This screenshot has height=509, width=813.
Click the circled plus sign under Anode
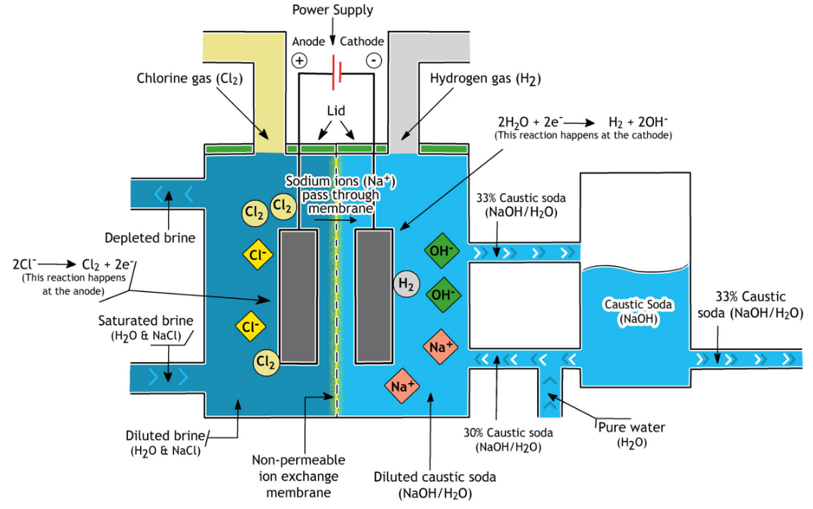coord(299,61)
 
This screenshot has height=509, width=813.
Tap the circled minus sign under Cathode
coord(374,61)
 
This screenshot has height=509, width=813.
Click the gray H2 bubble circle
coord(407,284)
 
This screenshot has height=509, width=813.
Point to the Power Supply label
coord(333,10)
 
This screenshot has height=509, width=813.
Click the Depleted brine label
coord(150,238)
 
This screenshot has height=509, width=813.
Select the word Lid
coord(336,111)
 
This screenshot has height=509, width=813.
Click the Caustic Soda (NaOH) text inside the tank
coord(638,311)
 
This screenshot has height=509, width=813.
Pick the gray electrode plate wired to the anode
coord(298,296)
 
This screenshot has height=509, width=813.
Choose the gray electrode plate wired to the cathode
coord(374,296)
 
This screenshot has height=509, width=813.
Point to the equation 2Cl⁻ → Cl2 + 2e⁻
coord(74,264)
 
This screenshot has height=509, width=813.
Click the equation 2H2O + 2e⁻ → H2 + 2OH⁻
coord(582,122)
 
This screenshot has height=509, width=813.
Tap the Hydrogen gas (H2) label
coord(485,79)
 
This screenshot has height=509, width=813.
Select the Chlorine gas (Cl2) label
coord(190,79)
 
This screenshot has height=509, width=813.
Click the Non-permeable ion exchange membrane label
coord(298,477)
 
